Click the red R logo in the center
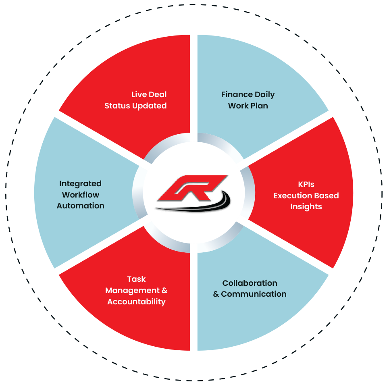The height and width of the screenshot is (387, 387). tap(192, 187)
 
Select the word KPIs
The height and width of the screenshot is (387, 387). tap(306, 185)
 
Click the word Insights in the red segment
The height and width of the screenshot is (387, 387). tap(306, 207)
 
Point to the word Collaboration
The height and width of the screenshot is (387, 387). tap(250, 283)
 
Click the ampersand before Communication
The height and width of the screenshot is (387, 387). tap(216, 294)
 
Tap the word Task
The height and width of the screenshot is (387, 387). tap(136, 279)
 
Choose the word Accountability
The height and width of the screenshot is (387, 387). tap(136, 302)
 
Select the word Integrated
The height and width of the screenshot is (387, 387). tap(80, 184)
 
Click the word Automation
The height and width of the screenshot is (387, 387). tap(80, 206)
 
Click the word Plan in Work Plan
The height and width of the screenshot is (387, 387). tap(258, 106)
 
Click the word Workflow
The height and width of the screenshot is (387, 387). tap(80, 195)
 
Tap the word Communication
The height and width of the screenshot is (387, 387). tap(254, 294)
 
